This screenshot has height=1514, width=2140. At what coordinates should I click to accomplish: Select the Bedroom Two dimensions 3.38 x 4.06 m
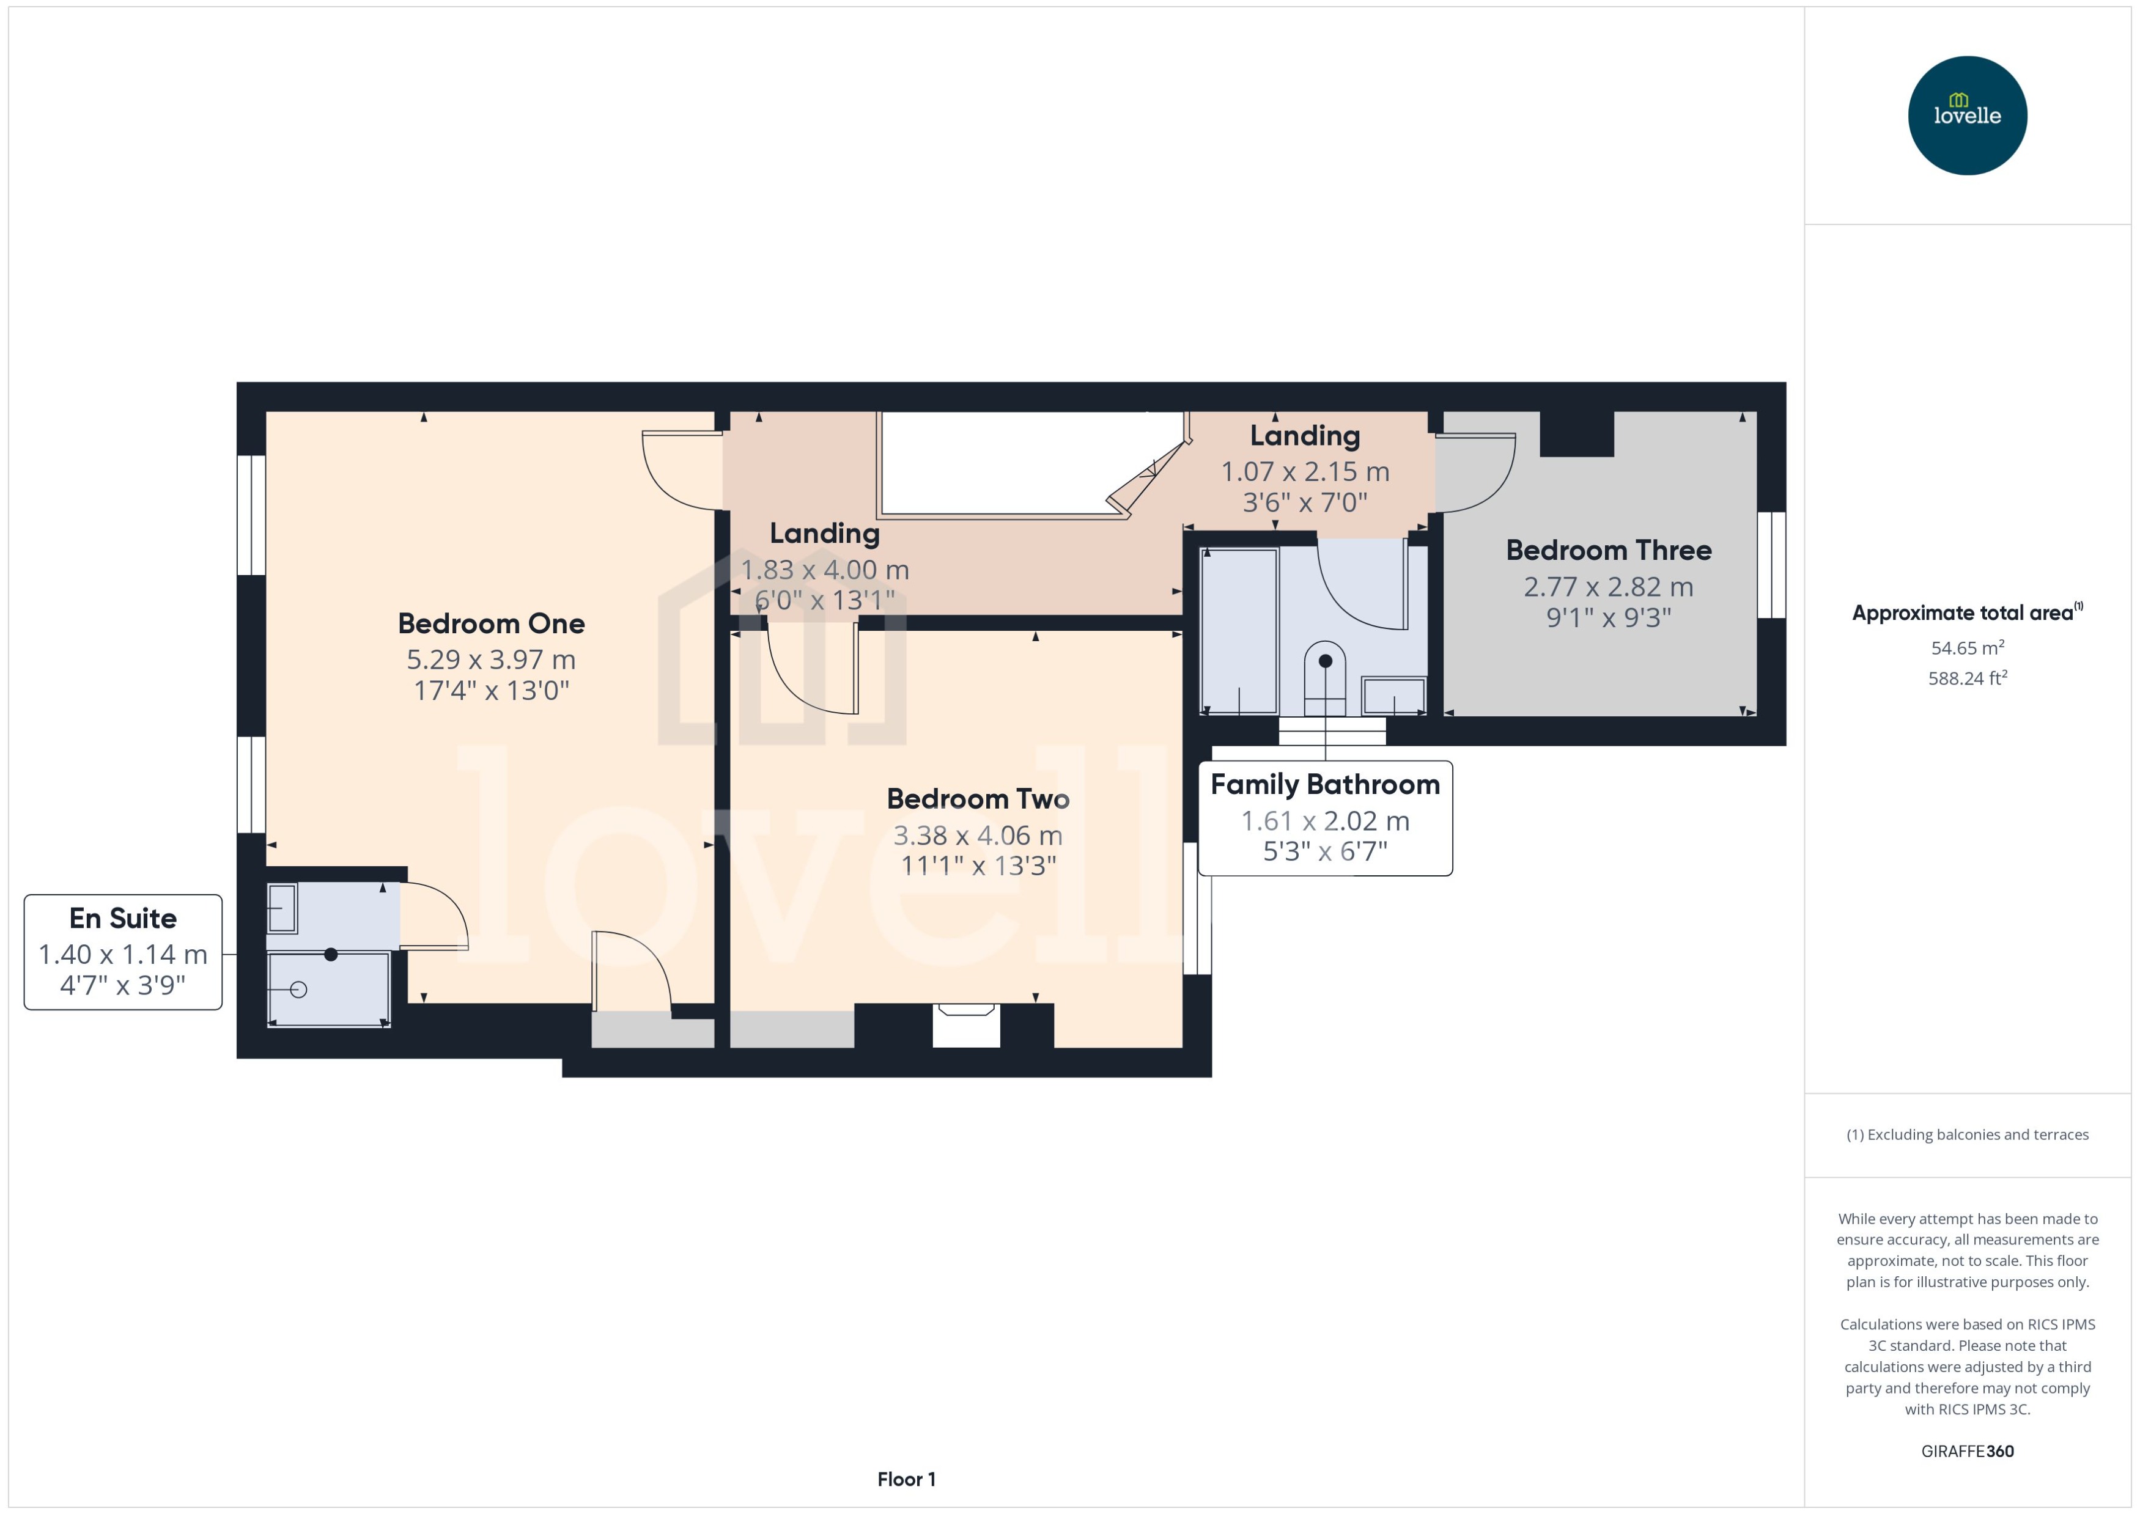coord(977,836)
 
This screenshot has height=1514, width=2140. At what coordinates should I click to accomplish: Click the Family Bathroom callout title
coord(1324,785)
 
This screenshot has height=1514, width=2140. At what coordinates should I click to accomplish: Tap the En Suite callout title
coord(122,918)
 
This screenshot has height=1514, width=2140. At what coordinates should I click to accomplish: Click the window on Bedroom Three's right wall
coord(1770,565)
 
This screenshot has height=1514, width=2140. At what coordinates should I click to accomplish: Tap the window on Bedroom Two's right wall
coord(1197,908)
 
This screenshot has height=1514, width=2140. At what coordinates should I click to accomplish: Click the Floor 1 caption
coord(906,1479)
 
